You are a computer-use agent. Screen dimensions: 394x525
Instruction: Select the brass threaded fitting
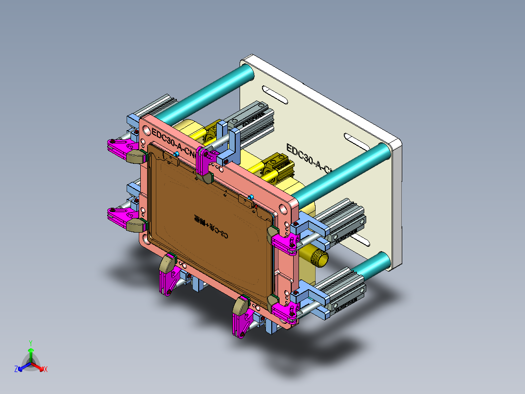pyautogui.click(x=318, y=256)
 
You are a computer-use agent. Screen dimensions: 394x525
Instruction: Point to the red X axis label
pyautogui.click(x=46, y=370)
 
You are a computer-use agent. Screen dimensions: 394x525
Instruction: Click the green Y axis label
pyautogui.click(x=30, y=342)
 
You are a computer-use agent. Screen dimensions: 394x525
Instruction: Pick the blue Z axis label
pyautogui.click(x=16, y=370)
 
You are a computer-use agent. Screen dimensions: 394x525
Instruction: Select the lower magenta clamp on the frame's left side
pyautogui.click(x=119, y=215)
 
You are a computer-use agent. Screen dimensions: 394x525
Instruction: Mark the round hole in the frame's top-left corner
pyautogui.click(x=145, y=131)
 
